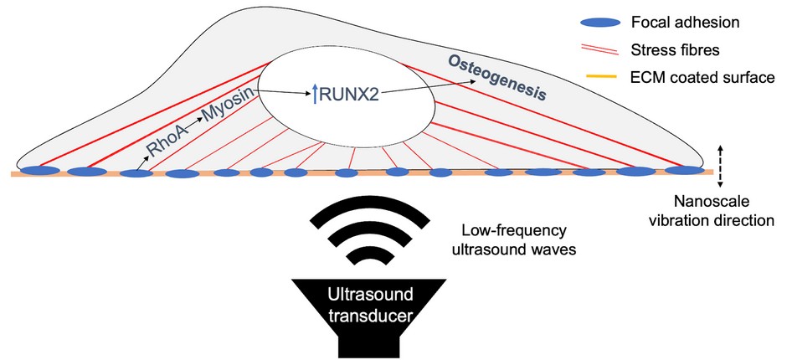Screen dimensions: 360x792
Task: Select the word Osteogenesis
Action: pyautogui.click(x=499, y=80)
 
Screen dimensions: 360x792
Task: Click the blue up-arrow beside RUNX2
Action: pyautogui.click(x=315, y=96)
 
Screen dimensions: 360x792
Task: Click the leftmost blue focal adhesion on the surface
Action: pyautogui.click(x=41, y=172)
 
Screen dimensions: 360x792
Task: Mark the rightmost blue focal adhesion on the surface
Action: pyautogui.click(x=684, y=171)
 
